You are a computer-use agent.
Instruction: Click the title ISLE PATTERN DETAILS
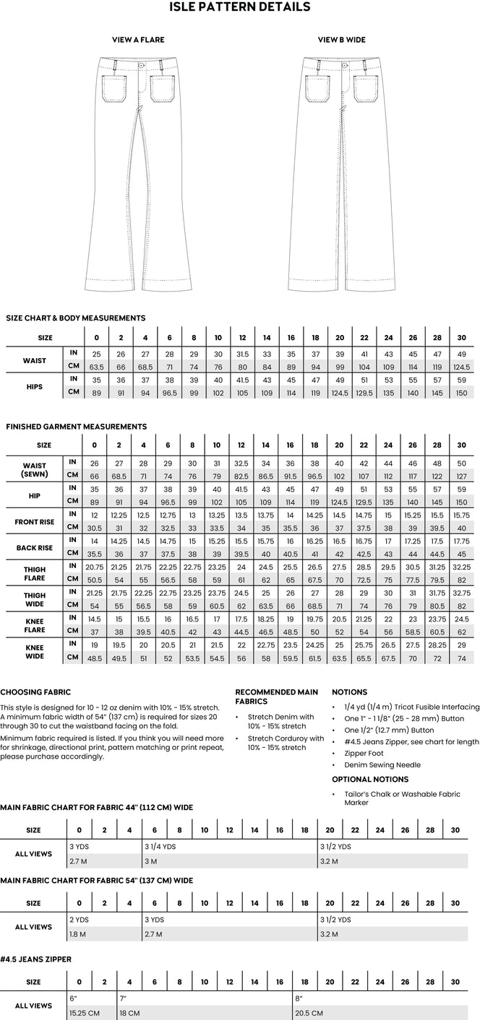tap(240, 7)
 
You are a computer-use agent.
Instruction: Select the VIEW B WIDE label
tap(342, 40)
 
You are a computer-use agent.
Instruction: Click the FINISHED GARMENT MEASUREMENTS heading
tap(77, 427)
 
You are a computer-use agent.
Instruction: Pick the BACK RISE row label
tap(35, 548)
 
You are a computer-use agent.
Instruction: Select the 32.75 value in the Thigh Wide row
tap(462, 593)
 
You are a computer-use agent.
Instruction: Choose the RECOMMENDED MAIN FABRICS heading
tap(276, 697)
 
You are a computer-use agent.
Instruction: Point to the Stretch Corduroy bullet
tap(286, 743)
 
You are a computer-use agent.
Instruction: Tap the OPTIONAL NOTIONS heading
tap(370, 779)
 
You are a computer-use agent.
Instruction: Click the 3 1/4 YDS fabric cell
tap(160, 846)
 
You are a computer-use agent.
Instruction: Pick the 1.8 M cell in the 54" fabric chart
tap(77, 933)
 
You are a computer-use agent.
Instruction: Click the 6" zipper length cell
tap(74, 998)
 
